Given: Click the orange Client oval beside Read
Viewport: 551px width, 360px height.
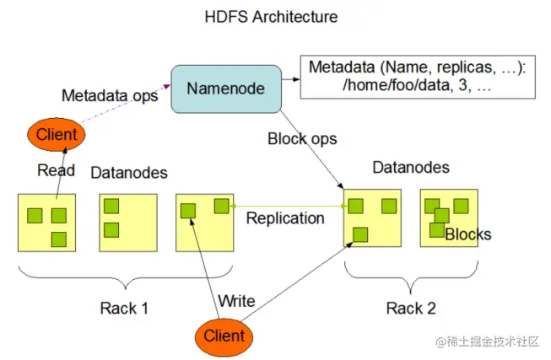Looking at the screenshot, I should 56,134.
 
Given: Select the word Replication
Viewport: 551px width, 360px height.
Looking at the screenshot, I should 285,218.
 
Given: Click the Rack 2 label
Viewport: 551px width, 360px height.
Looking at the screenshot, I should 411,308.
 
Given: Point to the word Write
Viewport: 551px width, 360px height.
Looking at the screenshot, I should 236,300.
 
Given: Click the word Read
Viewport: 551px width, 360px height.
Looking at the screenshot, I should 56,170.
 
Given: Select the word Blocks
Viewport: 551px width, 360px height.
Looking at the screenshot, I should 467,234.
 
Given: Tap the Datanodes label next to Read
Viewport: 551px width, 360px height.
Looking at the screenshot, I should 128,173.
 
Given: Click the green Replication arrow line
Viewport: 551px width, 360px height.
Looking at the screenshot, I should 287,205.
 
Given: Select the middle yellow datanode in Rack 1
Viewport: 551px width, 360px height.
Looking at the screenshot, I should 127,223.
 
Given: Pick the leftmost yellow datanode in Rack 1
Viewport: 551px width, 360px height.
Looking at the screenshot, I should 47,223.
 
